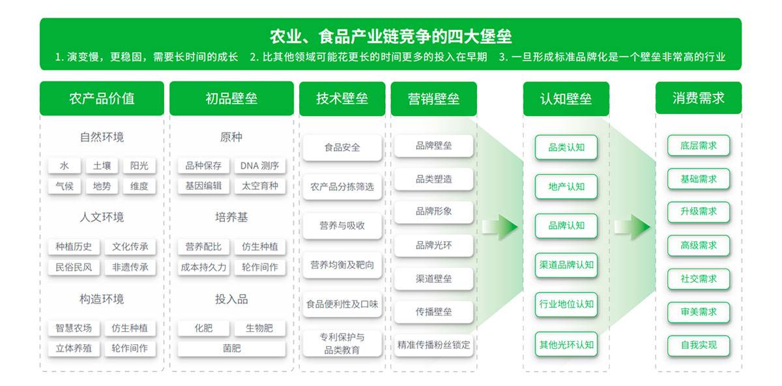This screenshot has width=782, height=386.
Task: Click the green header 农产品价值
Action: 102,98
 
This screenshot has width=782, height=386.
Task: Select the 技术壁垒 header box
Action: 342,99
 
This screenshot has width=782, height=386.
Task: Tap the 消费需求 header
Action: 698,98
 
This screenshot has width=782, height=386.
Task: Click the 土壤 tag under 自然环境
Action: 102,166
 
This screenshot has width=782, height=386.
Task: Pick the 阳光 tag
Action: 139,166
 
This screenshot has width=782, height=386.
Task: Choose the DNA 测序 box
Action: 259,166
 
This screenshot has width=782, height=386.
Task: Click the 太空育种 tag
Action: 259,186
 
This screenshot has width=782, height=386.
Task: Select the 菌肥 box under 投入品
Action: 231,348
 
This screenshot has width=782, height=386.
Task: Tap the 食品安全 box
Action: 342,147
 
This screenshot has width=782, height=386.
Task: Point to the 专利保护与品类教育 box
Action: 342,344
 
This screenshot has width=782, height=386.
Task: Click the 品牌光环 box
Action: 434,246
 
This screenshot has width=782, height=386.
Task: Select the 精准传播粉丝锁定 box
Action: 434,345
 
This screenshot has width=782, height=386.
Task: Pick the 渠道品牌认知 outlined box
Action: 566,265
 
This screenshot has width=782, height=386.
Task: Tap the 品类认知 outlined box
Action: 566,147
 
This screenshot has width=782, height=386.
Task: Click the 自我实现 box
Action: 699,345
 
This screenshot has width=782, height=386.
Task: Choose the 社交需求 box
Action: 699,278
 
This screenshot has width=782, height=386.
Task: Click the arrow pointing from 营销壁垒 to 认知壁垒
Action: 500,226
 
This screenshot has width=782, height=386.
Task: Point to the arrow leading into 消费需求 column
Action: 632,226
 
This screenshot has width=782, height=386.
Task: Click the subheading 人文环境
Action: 102,217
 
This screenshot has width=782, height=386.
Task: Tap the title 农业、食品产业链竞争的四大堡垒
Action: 390,36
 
